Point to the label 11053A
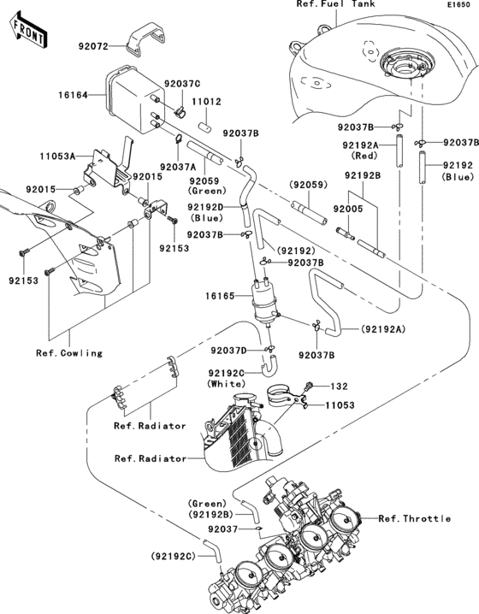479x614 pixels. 58,156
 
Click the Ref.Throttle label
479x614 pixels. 414,519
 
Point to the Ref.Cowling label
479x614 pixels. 68,352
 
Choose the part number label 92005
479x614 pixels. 349,209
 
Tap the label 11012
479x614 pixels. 207,101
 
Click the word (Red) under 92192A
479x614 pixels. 364,158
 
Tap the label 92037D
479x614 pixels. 228,350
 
